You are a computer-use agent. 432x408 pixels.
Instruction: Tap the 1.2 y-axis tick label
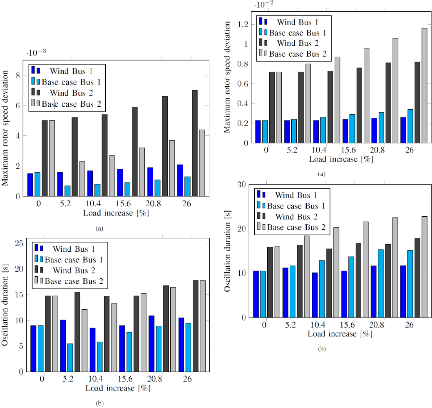coord(240,25)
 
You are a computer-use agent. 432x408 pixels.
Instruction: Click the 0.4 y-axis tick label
coord(240,104)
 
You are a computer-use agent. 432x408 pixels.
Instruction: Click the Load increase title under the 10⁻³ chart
coord(117,213)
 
